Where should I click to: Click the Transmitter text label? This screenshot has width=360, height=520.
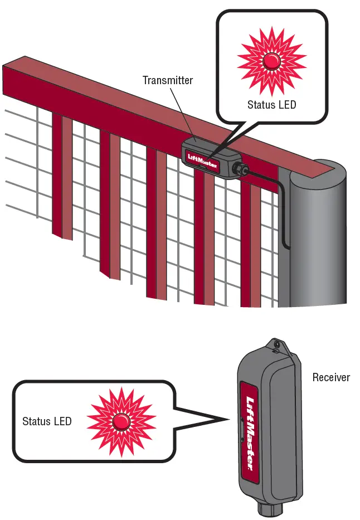click(x=167, y=80)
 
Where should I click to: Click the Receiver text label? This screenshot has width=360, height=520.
click(x=331, y=377)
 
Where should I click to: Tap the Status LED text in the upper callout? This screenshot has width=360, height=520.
click(x=271, y=104)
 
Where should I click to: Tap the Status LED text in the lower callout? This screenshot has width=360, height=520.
click(x=47, y=421)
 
